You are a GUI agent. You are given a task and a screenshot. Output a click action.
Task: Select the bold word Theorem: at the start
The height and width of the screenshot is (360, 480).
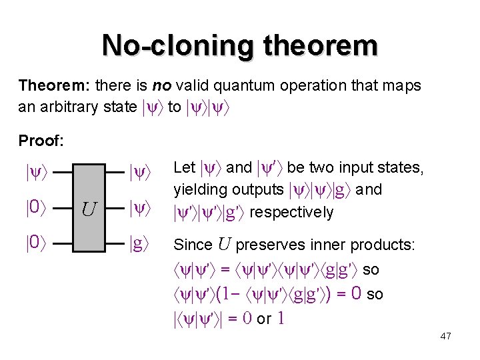(55, 86)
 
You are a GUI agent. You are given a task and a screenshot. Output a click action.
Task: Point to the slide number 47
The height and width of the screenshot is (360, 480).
(446, 336)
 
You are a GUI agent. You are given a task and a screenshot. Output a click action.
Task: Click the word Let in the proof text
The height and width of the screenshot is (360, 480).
(184, 167)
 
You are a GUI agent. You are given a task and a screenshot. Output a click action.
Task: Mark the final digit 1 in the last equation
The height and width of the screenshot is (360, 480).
(281, 319)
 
